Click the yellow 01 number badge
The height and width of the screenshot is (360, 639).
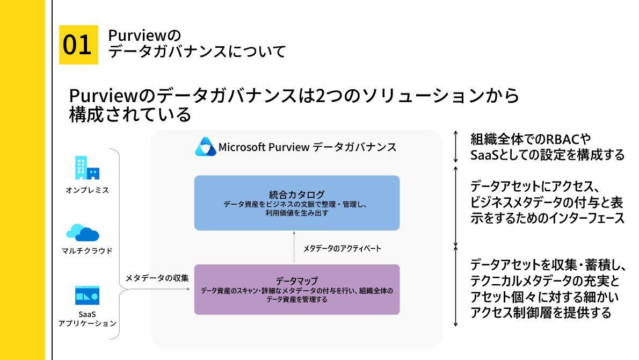(78, 45)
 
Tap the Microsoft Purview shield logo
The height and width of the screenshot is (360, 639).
(205, 147)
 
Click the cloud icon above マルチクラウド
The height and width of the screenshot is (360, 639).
(83, 232)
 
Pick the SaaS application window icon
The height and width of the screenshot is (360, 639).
(87, 296)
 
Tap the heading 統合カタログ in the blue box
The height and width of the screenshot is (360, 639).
(297, 193)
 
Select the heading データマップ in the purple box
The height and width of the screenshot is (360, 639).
(297, 281)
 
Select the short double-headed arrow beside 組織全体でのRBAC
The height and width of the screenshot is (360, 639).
(456, 146)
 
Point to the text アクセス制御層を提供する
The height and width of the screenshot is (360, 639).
(540, 313)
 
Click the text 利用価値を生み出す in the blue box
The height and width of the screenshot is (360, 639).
(297, 213)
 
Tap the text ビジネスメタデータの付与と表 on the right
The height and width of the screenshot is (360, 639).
(547, 203)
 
